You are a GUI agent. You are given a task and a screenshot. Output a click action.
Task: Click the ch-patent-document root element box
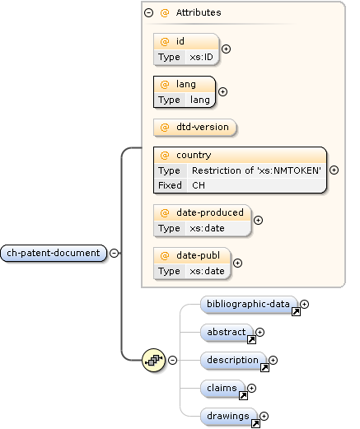tap(54, 253)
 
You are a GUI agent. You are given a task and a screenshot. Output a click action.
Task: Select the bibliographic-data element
tap(248, 305)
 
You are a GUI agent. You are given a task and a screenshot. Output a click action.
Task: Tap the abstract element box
tap(227, 332)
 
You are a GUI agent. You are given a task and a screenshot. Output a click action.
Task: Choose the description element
tap(232, 360)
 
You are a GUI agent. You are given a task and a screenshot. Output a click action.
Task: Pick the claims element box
tap(222, 388)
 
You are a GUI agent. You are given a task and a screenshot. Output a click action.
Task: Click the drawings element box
tap(227, 416)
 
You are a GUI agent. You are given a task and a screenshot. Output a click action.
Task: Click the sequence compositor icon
tap(152, 360)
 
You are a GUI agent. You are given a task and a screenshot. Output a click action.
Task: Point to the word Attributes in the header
tap(198, 13)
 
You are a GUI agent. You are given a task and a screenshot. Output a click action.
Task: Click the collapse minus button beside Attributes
tap(148, 13)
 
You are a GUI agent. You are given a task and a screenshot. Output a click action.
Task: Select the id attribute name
tap(180, 41)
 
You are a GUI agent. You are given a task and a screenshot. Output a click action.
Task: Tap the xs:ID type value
tap(200, 57)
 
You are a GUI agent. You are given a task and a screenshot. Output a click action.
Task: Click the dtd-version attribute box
tap(194, 127)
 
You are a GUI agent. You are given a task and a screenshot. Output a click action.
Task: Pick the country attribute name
tap(194, 155)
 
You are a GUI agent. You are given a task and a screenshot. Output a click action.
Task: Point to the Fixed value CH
tap(199, 185)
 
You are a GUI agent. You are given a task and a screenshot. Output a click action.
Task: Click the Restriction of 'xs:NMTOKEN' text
tap(256, 170)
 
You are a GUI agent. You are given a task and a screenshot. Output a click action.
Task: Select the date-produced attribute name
tap(209, 212)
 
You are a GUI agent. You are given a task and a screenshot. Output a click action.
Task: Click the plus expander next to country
tap(334, 170)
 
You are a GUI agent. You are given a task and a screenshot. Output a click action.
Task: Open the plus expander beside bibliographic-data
tap(305, 305)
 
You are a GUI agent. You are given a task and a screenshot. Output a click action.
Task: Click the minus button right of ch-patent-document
tap(114, 253)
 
